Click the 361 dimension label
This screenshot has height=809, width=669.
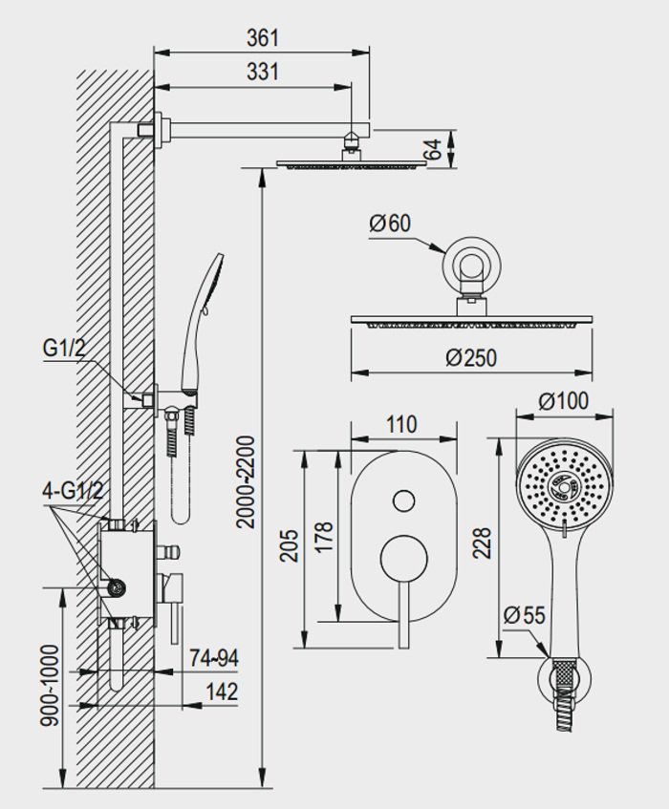263,38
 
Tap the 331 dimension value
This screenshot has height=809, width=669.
263,72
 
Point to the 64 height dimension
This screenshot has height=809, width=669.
435,149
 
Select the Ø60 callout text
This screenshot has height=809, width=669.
390,224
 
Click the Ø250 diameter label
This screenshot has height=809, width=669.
471,357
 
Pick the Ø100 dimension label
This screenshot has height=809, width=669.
563,401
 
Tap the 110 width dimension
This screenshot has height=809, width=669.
401,425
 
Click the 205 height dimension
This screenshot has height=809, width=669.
290,545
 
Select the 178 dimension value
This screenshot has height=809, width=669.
324,538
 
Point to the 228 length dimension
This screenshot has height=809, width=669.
482,543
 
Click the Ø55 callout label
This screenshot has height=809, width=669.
524,615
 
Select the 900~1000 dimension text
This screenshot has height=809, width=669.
51,685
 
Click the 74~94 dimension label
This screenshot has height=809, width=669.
214,658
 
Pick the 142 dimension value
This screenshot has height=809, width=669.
222,692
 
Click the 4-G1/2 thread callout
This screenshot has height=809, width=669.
73,491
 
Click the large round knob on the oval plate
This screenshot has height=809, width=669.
404,558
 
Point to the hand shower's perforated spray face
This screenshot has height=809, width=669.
565,487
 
